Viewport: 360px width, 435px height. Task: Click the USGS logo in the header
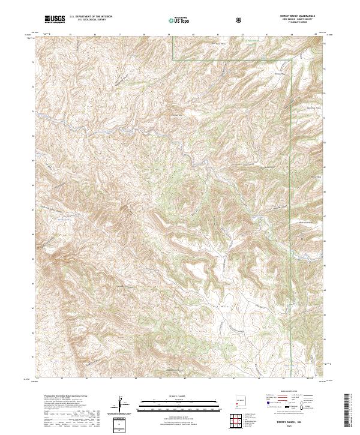pyautogui.click(x=55, y=20)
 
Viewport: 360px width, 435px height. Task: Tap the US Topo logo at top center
pyautogui.click(x=179, y=20)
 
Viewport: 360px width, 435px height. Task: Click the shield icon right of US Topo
pyautogui.click(x=241, y=20)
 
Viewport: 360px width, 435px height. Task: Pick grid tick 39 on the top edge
pyautogui.click(x=169, y=35)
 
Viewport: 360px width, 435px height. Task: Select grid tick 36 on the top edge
pyautogui.click(x=95, y=35)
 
